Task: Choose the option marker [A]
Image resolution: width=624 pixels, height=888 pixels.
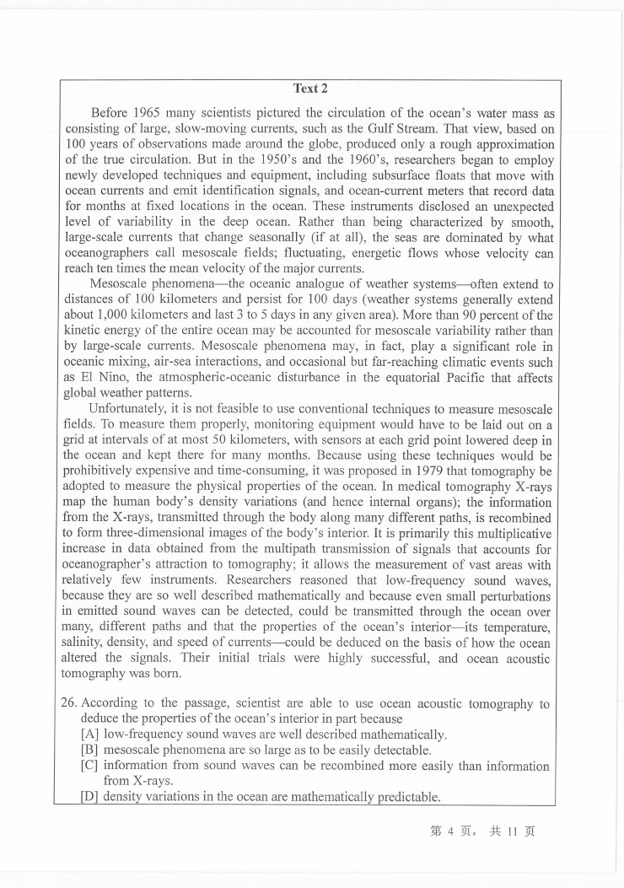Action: coord(89,735)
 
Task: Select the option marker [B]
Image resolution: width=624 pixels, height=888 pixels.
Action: coord(89,750)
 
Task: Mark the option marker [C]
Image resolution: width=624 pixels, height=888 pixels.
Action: coord(89,766)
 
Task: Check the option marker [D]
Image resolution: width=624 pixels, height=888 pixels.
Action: coord(89,797)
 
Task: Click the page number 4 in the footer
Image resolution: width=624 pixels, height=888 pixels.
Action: coord(451,831)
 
